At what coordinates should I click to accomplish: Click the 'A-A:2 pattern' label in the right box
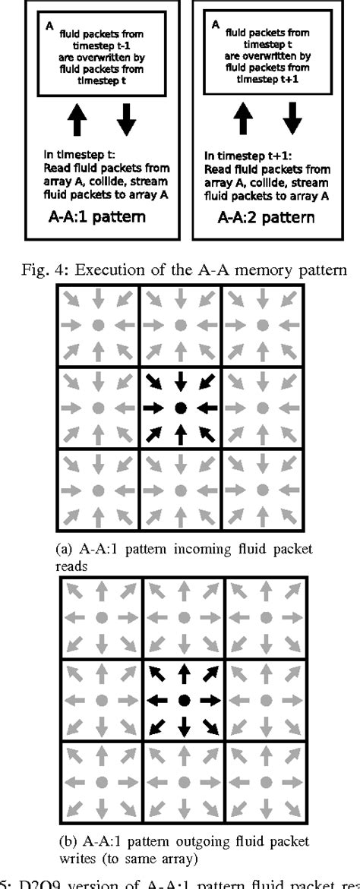266,219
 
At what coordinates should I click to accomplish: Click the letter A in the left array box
49,27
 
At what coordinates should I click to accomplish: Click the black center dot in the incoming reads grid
180,408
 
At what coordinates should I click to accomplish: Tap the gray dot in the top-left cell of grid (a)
97,326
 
